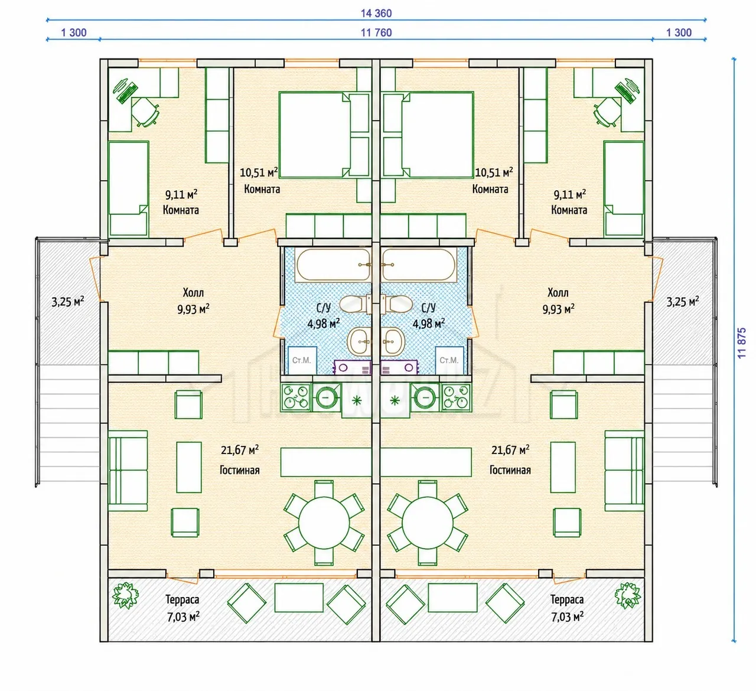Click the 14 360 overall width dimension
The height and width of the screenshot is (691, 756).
[376, 13]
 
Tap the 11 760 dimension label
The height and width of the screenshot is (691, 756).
[376, 33]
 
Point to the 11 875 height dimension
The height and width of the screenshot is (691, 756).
[741, 343]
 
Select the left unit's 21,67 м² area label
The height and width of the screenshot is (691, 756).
[240, 449]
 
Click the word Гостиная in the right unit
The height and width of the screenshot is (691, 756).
[510, 470]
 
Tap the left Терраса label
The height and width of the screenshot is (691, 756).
[182, 599]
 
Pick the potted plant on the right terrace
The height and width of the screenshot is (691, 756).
[627, 596]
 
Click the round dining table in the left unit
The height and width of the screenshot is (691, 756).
[324, 523]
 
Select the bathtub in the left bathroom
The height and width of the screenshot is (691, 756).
[333, 265]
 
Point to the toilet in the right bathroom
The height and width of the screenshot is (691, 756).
[396, 304]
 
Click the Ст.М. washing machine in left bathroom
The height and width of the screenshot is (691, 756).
[302, 360]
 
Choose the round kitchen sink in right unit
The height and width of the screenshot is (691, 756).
[426, 397]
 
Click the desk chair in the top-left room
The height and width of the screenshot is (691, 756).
[145, 112]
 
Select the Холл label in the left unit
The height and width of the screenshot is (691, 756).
[193, 292]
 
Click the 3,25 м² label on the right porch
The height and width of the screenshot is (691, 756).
[683, 302]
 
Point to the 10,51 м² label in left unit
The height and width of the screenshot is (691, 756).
[259, 172]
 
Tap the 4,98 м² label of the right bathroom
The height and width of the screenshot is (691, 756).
[429, 324]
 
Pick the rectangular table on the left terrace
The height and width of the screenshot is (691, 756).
[299, 598]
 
